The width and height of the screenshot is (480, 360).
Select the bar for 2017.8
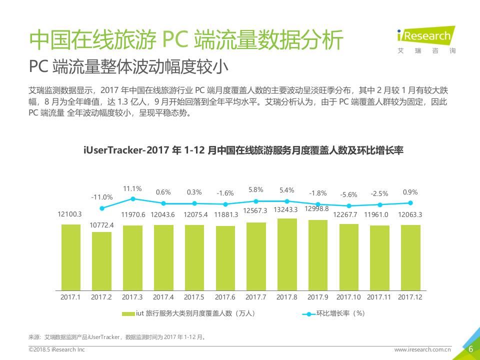pos(287,254)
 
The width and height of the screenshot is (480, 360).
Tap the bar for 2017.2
pos(101,261)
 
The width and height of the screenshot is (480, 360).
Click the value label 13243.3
pos(287,209)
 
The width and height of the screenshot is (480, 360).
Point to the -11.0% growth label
pos(101,197)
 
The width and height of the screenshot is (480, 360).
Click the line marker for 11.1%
pos(133,198)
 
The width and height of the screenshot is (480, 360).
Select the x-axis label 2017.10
pos(349,297)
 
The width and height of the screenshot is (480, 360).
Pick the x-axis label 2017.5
pos(194,297)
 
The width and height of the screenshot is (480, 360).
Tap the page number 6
pos(470,349)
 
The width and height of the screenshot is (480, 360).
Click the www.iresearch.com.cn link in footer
pos(422,350)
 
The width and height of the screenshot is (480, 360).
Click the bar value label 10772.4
pos(101,225)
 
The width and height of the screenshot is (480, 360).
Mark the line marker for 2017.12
pos(410,203)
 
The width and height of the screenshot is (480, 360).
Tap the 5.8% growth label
pos(256,189)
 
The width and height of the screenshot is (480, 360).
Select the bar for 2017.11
pos(380,258)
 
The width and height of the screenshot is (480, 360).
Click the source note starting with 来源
pos(117,337)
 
